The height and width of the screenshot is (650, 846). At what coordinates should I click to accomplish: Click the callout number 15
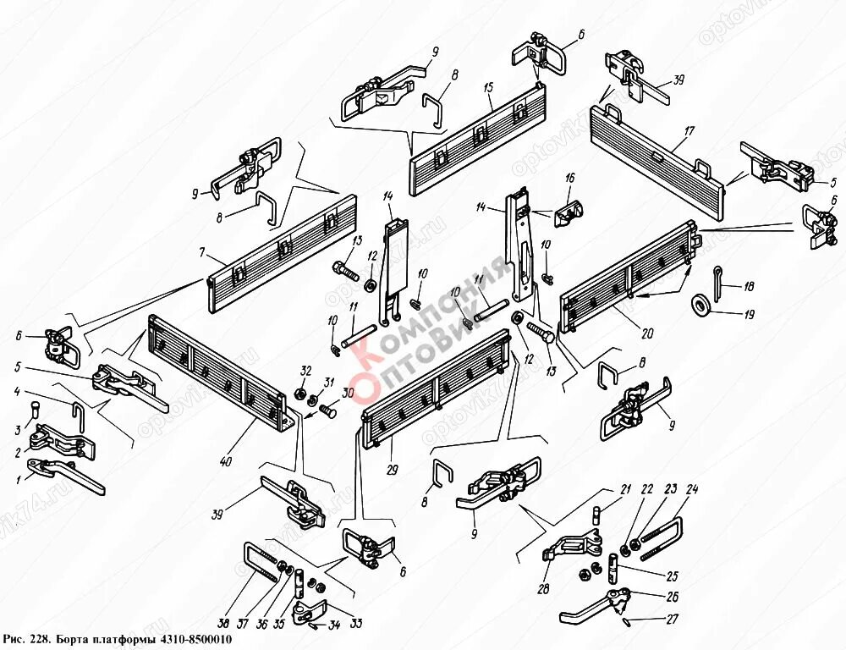coord(489,89)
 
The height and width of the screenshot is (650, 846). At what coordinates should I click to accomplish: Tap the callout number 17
coord(689,132)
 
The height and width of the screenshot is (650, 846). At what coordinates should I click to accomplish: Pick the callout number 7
coord(202,253)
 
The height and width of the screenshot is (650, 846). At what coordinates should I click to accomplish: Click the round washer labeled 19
coord(701,302)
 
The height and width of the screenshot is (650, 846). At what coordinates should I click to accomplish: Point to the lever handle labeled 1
coord(68,476)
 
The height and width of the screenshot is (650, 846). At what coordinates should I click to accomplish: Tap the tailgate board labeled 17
coord(660,151)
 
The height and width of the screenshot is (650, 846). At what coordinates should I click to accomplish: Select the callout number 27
coord(672,620)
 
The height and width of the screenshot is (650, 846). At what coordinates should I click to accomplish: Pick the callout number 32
coord(305,371)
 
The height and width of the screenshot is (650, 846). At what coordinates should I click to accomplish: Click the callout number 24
coord(691,488)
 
